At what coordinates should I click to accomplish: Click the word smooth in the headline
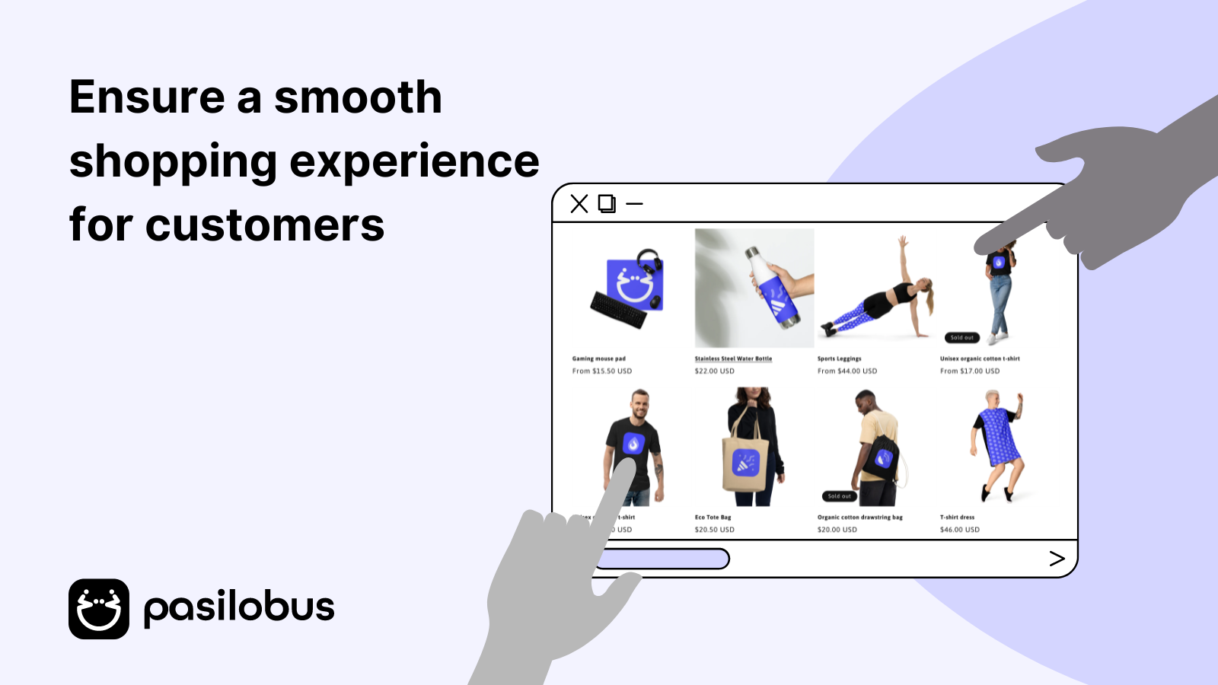point(358,98)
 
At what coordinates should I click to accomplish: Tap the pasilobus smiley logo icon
point(99,609)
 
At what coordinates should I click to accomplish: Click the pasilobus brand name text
point(239,608)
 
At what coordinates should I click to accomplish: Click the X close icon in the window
point(579,204)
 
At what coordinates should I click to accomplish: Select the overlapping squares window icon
point(607,204)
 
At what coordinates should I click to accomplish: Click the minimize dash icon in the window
point(635,204)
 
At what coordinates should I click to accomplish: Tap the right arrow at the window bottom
point(1057,559)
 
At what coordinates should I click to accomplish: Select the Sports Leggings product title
point(840,358)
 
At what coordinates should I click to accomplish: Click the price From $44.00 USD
point(847,371)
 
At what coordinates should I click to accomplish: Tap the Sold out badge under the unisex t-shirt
point(962,337)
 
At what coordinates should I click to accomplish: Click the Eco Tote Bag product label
point(713,518)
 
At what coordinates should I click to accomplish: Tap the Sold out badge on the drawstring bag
point(839,496)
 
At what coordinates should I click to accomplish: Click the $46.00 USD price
point(960,530)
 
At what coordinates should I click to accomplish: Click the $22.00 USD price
point(714,371)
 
